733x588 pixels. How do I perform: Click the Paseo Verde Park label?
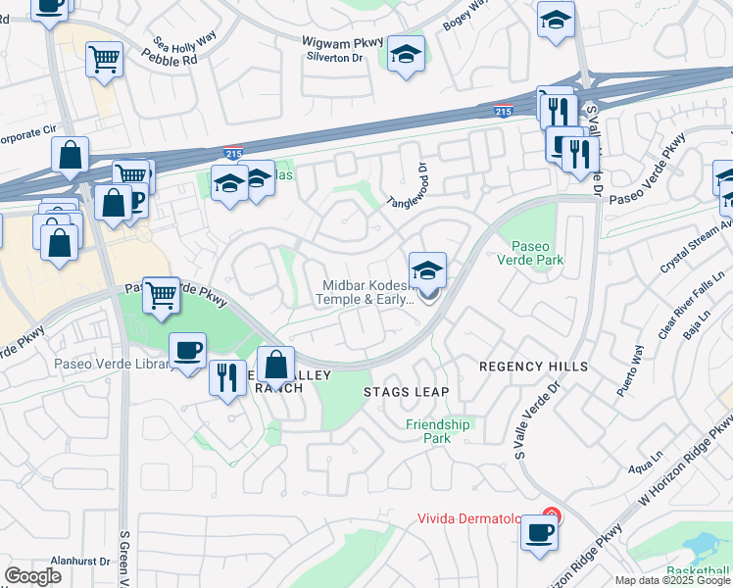tap(536, 253)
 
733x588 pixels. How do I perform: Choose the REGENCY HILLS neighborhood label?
tap(534, 367)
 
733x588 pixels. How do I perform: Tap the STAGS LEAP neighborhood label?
tap(406, 392)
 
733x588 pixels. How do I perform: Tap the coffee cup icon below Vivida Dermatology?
tap(539, 533)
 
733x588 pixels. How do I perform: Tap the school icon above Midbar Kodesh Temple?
tap(427, 270)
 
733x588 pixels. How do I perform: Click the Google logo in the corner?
tap(33, 576)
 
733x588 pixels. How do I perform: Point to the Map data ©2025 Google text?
tap(672, 580)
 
